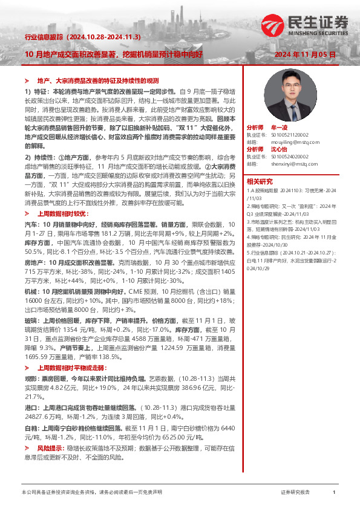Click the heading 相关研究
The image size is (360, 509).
pos(260,181)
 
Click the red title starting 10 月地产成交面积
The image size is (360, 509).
pos(114,54)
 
